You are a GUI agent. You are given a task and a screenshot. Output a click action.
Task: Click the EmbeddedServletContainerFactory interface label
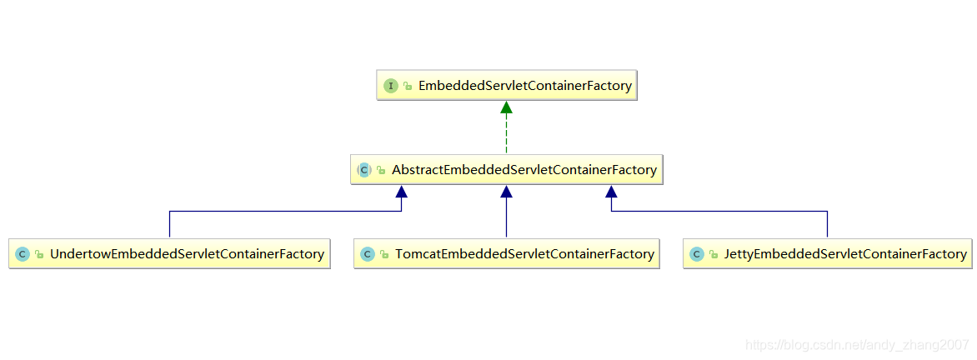click(524, 86)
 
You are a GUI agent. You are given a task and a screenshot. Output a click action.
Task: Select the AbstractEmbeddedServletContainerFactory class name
click(524, 170)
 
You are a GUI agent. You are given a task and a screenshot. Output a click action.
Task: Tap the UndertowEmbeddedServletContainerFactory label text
click(187, 254)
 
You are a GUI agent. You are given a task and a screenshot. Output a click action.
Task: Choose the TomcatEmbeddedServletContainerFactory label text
click(524, 254)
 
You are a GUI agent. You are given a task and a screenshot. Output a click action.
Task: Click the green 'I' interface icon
click(391, 86)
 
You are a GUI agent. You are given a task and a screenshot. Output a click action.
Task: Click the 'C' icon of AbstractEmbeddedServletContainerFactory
click(364, 170)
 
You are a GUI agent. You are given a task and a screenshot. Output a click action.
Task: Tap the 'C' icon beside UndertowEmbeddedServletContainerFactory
click(23, 254)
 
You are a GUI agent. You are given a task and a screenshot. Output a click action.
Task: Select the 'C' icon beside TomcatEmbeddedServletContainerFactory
click(368, 254)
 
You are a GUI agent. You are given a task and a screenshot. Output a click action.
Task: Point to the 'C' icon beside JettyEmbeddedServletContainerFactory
click(696, 254)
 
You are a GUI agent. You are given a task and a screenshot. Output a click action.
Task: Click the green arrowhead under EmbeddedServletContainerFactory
click(506, 107)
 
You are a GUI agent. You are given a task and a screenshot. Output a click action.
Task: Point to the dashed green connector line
click(506, 133)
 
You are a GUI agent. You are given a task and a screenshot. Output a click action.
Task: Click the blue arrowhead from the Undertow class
click(402, 192)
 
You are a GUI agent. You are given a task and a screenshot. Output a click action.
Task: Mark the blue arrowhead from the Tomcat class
click(506, 192)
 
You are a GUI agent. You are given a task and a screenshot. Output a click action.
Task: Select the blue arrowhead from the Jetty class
click(611, 192)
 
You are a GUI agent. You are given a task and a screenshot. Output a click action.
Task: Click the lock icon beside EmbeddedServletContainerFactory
click(408, 87)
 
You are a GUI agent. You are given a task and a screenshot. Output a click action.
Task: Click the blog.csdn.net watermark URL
click(857, 344)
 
